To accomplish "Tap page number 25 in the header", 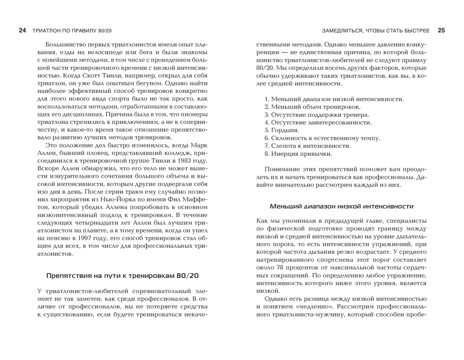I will [441, 31].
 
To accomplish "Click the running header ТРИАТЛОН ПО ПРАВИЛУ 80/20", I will [72, 31].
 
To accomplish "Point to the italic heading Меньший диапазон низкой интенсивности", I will [342, 206].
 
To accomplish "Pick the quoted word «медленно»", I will [305, 307].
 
